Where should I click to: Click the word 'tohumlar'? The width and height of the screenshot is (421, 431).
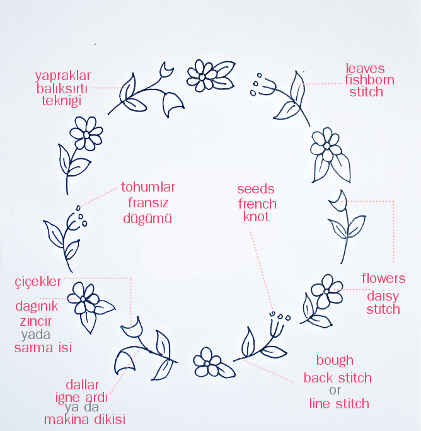pos(147,188)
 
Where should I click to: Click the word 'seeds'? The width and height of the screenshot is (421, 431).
pos(257,189)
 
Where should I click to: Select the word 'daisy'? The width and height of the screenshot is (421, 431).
pos(384,294)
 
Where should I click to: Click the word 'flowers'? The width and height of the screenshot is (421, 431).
pos(383,279)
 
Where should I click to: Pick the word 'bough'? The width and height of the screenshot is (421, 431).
pos(335,361)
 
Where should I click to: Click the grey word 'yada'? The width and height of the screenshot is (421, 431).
pos(35,335)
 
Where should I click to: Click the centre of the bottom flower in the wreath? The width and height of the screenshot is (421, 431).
pos(206,364)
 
